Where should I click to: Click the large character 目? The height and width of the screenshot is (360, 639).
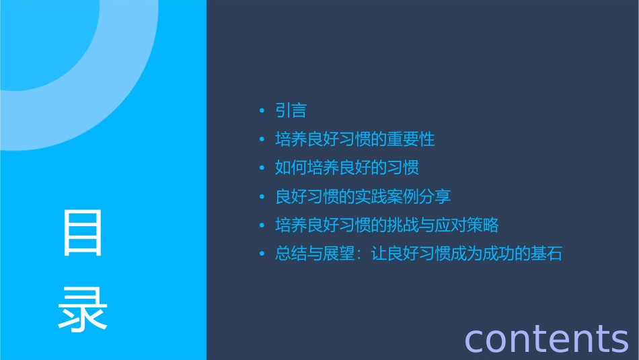tap(83, 233)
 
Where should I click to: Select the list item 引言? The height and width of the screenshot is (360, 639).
tap(291, 110)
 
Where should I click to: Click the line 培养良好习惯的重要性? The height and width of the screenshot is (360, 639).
tap(355, 139)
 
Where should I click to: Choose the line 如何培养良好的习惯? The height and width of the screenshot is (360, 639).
tap(347, 168)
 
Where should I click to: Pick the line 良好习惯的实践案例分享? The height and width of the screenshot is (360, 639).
tap(363, 196)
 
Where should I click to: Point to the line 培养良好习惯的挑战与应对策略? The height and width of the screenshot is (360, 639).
tap(387, 225)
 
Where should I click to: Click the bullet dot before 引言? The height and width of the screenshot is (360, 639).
tap(262, 111)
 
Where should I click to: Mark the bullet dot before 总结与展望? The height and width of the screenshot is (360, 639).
tap(262, 254)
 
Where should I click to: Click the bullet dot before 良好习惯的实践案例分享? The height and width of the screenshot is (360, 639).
tap(262, 197)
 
